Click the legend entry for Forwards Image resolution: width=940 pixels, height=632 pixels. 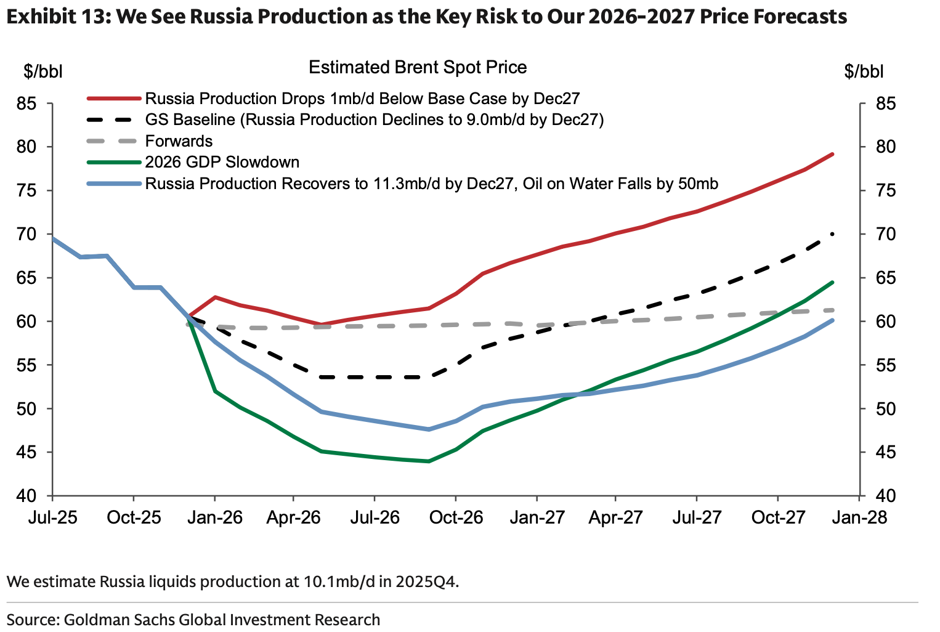click(179, 141)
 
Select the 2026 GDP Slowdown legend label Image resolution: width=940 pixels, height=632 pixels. click(222, 162)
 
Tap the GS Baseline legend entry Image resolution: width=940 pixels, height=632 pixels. click(374, 120)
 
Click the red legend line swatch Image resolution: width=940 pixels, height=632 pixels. click(113, 99)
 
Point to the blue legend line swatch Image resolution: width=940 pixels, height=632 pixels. click(113, 184)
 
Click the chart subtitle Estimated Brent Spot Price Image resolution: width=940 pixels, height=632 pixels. click(418, 67)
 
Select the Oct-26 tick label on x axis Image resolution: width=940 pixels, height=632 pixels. click(456, 517)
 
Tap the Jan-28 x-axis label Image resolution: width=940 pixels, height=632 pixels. click(859, 517)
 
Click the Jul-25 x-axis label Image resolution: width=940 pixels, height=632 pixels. click(52, 517)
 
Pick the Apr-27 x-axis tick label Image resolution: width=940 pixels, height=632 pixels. click(615, 517)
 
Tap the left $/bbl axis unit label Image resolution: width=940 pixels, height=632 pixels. click(43, 71)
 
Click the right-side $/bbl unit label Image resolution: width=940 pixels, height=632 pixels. click(864, 71)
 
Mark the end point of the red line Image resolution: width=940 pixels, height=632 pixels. click(833, 154)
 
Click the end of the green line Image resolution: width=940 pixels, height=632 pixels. click(833, 282)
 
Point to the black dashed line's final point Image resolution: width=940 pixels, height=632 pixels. click(833, 233)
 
